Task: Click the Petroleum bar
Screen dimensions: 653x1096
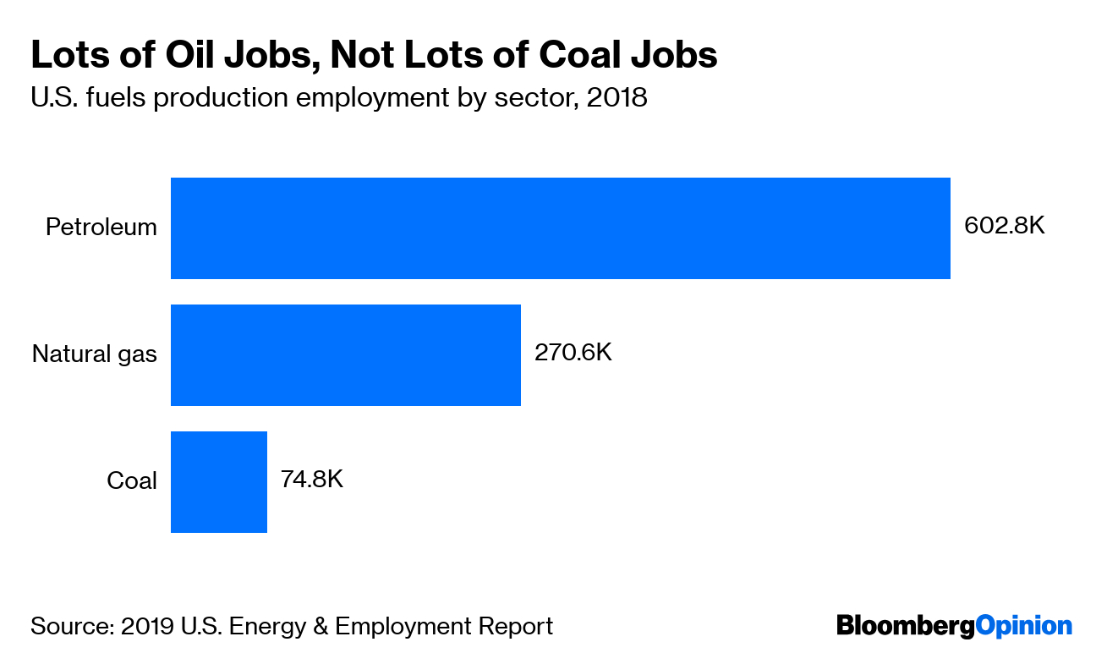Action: pyautogui.click(x=560, y=228)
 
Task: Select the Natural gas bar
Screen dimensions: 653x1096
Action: pyautogui.click(x=345, y=355)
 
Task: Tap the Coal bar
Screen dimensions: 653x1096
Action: pyautogui.click(x=218, y=482)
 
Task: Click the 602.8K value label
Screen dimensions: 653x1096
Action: pyautogui.click(x=1005, y=227)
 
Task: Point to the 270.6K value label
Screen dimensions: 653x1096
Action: pyautogui.click(x=573, y=352)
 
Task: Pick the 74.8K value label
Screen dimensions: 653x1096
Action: pyautogui.click(x=311, y=479)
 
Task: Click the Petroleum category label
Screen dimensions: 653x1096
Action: pyautogui.click(x=101, y=228)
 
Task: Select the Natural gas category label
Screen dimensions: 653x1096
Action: pyautogui.click(x=94, y=354)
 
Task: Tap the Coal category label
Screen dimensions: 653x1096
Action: pyautogui.click(x=131, y=481)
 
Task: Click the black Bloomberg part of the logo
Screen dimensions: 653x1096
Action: pyautogui.click(x=905, y=627)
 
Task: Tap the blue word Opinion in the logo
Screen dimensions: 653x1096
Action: pyautogui.click(x=1023, y=627)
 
